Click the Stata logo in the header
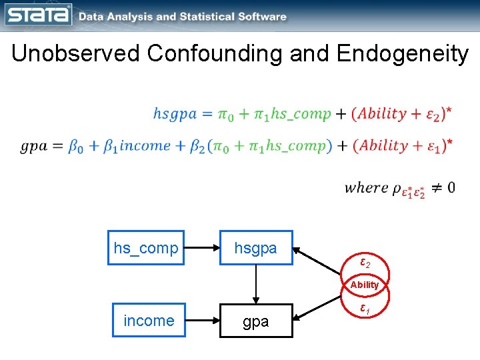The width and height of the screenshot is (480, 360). (x=38, y=15)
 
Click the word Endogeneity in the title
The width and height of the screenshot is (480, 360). (x=403, y=53)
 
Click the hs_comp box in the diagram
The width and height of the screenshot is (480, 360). (x=146, y=248)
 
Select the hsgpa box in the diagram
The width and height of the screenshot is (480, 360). (x=255, y=248)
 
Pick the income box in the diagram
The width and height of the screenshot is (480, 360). (x=149, y=321)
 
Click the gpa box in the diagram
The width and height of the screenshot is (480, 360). (x=255, y=321)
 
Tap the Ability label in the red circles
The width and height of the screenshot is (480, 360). (x=365, y=285)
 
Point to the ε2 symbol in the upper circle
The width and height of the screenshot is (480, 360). (x=365, y=263)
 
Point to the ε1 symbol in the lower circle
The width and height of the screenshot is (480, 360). (x=365, y=309)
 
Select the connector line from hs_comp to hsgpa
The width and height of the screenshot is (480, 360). (x=202, y=248)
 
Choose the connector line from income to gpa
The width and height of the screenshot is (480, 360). (x=202, y=321)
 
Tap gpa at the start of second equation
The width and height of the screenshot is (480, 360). (x=33, y=146)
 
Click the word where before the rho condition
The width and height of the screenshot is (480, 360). (x=366, y=187)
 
